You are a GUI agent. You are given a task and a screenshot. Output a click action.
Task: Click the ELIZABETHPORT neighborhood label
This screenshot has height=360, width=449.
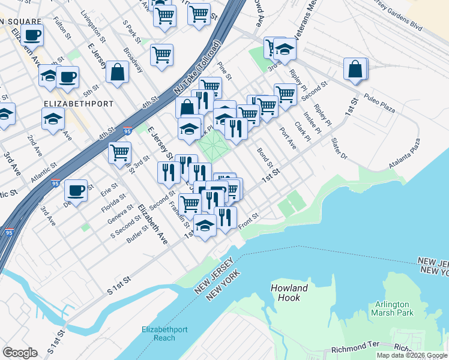pos(79,104)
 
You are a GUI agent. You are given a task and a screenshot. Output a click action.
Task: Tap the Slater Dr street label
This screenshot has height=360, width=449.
pos(339,148)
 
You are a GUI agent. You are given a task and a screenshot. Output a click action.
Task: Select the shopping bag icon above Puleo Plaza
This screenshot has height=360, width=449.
pos(355,69)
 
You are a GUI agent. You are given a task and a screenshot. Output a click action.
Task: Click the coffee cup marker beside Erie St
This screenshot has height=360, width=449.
pos(76,190)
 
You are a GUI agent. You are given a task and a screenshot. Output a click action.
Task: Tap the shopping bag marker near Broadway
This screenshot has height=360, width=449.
pos(118,72)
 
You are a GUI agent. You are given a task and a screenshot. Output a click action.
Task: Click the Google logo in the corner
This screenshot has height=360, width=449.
pos(20,353)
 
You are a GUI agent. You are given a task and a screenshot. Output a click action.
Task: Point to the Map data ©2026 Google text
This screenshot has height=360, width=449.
pos(412,355)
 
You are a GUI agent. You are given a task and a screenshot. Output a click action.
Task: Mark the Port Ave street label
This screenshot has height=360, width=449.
pos(288,137)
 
